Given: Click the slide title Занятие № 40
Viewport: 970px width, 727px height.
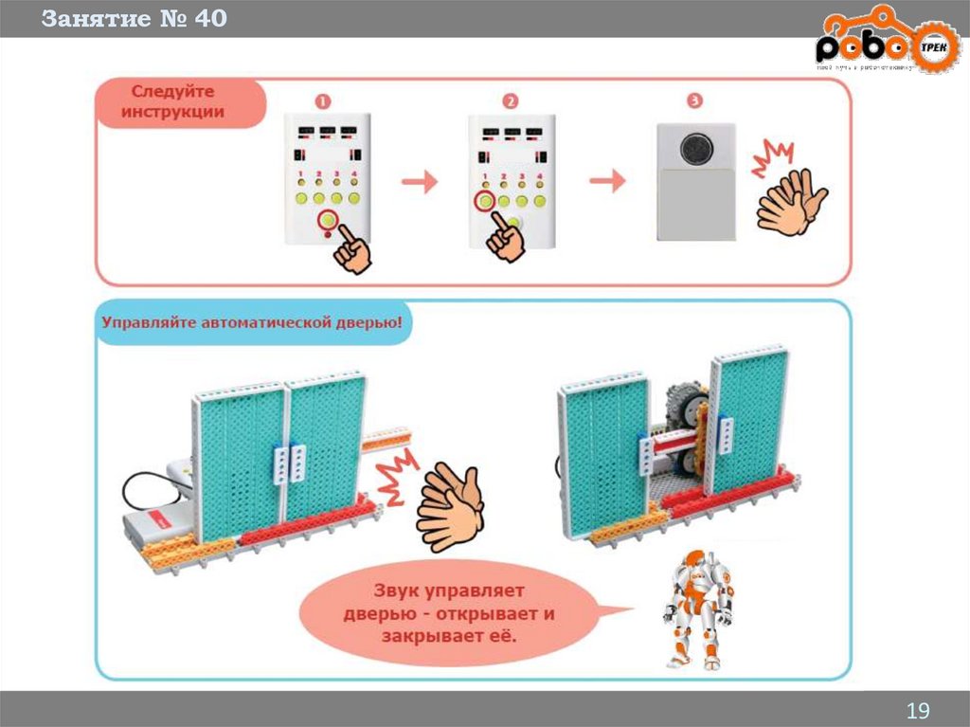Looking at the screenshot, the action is point(134,19).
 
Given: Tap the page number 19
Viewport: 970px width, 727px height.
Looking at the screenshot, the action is point(918,710).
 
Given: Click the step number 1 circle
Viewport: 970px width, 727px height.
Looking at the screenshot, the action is point(323,100).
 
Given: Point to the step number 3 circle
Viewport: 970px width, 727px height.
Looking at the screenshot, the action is point(695,100).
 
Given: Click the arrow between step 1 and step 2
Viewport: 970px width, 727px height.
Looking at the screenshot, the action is point(418,181).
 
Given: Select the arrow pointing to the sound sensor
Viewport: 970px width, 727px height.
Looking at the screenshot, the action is point(606,181).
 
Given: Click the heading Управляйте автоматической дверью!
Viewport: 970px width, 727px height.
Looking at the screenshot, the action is point(253,322).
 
